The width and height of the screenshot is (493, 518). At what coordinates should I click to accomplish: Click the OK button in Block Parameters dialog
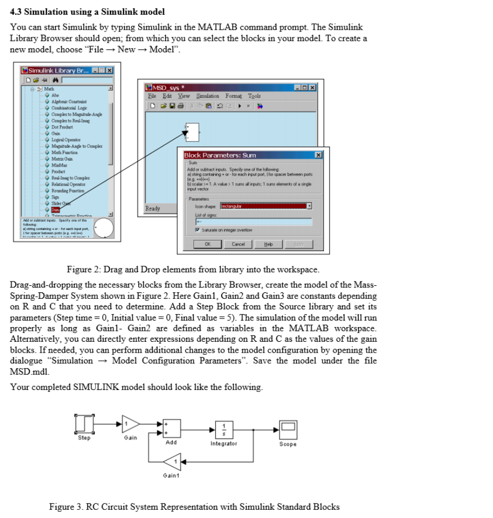207,244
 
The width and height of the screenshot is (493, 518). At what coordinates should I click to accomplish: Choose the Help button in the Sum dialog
269,244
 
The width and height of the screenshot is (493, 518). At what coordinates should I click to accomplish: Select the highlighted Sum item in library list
56,208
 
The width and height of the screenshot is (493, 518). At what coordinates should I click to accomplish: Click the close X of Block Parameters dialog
318,155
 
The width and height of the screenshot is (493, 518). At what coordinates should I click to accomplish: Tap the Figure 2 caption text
192,270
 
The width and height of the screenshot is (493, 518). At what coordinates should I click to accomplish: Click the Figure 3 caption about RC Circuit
194,507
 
